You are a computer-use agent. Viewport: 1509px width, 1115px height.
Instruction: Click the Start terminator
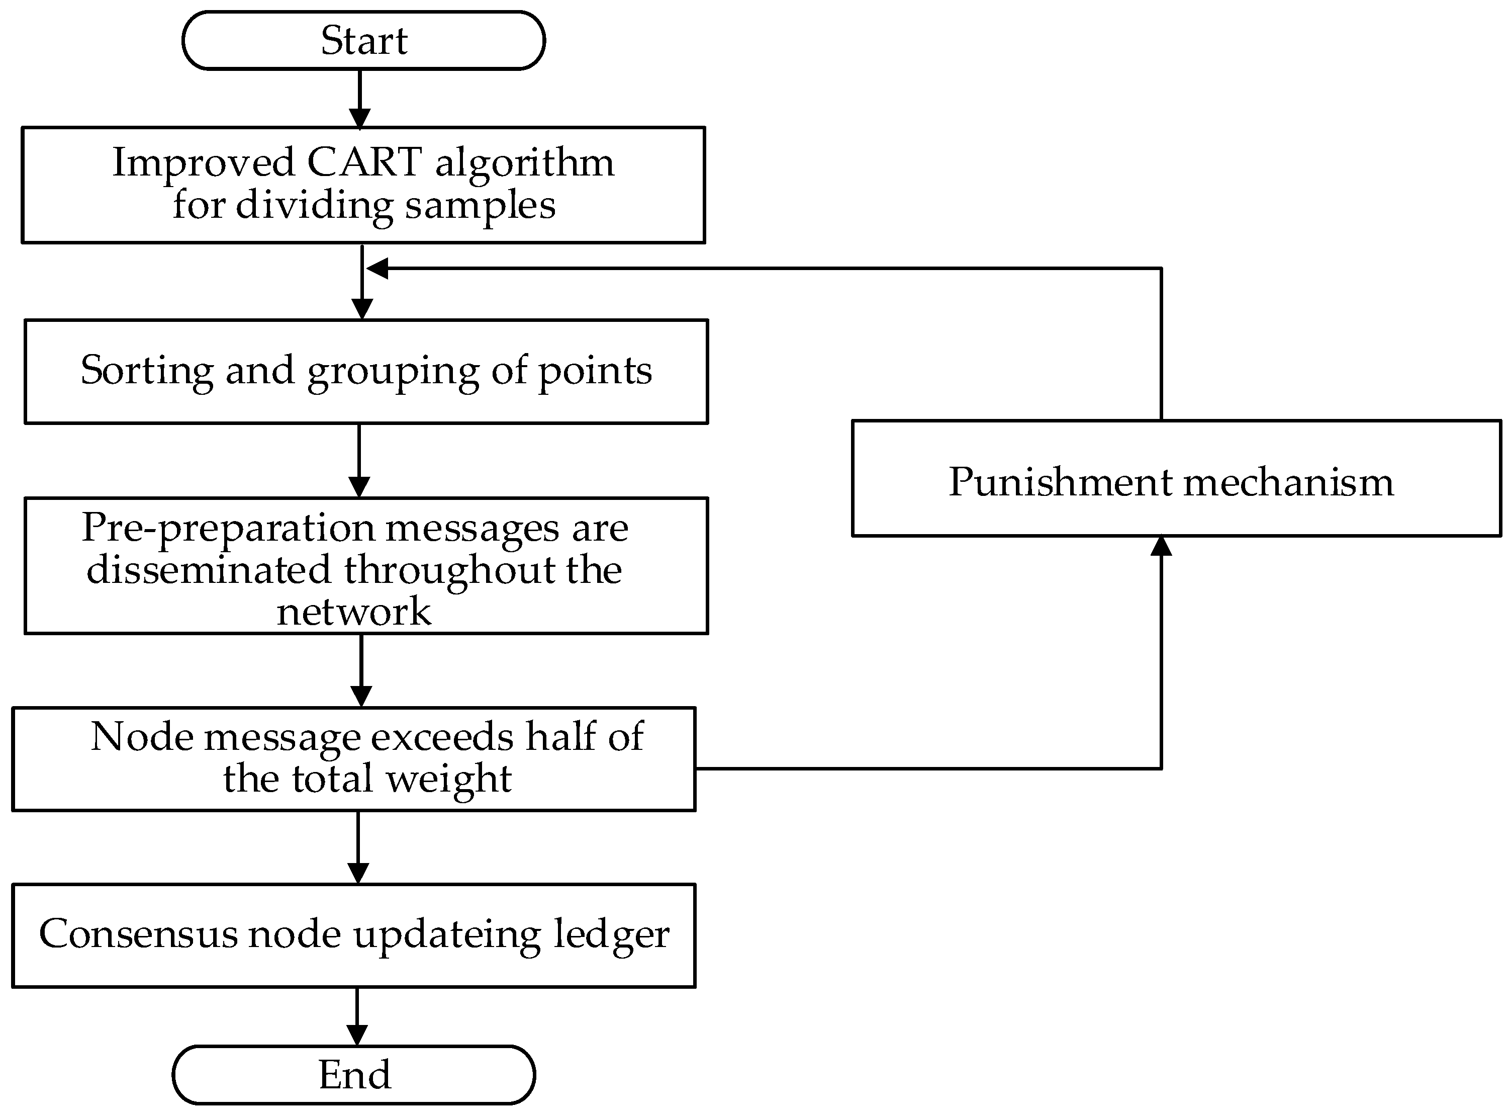pyautogui.click(x=363, y=41)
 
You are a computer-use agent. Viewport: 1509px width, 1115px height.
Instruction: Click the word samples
pyautogui.click(x=480, y=205)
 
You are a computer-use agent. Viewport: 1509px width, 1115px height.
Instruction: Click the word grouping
pyautogui.click(x=393, y=372)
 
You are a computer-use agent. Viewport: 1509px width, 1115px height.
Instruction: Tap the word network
pyautogui.click(x=354, y=612)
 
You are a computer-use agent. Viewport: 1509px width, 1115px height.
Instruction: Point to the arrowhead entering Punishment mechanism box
pyautogui.click(x=1161, y=545)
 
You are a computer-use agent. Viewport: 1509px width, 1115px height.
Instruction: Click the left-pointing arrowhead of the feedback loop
pyautogui.click(x=376, y=269)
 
